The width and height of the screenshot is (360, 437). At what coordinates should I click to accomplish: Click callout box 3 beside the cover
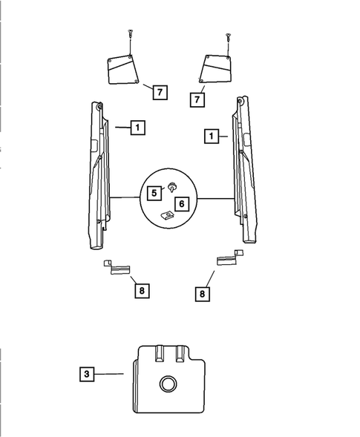87,374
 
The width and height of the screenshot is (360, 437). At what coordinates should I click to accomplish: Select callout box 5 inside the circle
154,193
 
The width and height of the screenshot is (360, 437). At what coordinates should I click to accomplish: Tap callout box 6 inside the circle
182,204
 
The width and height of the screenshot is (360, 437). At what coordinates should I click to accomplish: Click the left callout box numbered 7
160,92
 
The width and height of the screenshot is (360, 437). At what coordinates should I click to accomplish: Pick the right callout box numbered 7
197,99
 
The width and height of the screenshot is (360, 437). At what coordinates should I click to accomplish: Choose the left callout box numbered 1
138,128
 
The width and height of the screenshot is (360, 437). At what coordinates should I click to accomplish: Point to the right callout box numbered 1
212,137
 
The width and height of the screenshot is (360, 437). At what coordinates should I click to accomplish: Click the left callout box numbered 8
142,291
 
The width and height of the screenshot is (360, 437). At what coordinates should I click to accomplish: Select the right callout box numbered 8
202,294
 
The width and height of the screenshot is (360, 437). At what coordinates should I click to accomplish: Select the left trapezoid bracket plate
123,70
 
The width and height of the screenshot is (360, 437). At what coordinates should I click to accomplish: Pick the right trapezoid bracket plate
215,69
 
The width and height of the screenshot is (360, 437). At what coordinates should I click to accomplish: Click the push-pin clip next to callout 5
173,186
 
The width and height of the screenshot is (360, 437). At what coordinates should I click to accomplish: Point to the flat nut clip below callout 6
167,215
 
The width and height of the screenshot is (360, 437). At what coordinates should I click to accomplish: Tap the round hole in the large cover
168,384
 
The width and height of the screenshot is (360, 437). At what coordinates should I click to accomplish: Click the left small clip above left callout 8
117,267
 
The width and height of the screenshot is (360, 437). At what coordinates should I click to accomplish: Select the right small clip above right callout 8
230,257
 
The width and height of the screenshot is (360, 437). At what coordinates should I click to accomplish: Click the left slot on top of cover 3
160,354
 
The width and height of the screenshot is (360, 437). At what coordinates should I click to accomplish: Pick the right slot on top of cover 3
180,354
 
